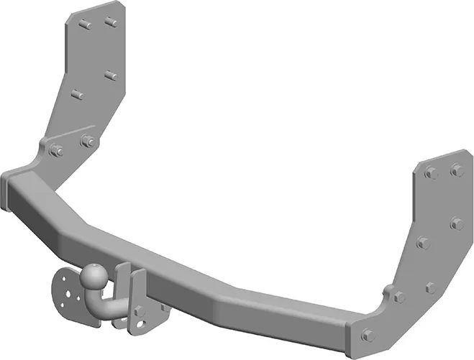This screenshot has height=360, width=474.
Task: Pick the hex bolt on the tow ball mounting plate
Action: [140, 311]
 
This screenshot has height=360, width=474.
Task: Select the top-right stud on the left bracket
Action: [111, 22]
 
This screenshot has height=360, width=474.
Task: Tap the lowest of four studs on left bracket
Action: [76, 94]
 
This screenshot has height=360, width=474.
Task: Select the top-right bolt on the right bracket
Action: [456, 170]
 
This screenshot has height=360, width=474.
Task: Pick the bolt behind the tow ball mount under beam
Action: [164, 308]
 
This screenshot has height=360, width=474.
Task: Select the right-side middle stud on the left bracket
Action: [110, 75]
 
